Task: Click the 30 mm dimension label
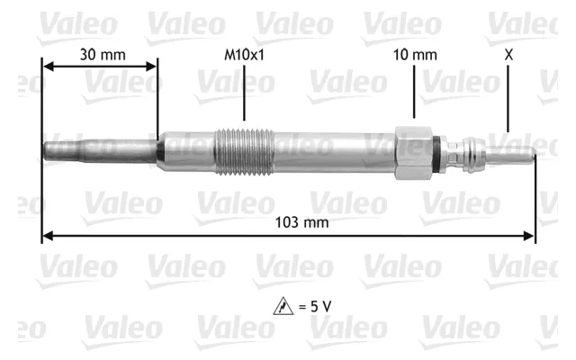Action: coord(103,55)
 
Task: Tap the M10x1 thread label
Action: coord(244,55)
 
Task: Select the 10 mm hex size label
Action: coord(415,55)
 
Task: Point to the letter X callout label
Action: coord(508,55)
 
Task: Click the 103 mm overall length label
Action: coord(302,222)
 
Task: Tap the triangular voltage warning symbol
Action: coord(283,306)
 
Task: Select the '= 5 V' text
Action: coord(315,306)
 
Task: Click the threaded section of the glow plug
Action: coord(244,151)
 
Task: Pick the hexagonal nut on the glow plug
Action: coord(414,153)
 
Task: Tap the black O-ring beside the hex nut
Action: coord(436,153)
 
